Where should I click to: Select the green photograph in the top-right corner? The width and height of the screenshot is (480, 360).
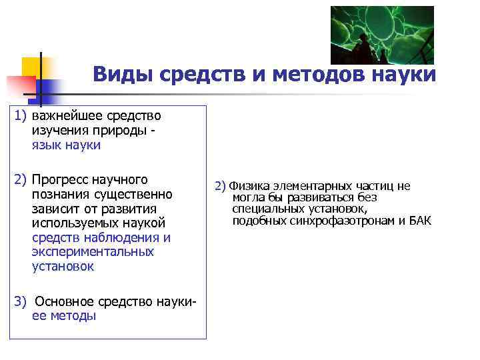point(382,35)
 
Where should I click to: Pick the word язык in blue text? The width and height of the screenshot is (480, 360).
point(47,145)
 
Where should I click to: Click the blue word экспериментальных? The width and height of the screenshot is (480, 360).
point(93,252)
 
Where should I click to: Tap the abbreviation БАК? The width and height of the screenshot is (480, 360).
point(419,220)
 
